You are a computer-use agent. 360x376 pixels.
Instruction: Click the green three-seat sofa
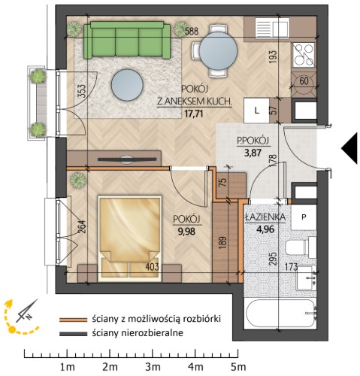point(127,40)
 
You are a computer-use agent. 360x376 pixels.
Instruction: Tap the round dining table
point(218,51)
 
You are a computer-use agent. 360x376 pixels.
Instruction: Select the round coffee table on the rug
point(127,85)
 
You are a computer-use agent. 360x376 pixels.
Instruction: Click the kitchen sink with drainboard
point(272,28)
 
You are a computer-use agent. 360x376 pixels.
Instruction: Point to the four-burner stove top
point(304,55)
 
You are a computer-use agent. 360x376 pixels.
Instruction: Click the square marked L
point(256,111)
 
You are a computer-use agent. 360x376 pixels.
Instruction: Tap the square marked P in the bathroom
point(304,217)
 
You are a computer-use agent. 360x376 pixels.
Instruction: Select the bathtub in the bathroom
point(280,314)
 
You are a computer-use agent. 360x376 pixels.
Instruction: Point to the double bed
point(130,238)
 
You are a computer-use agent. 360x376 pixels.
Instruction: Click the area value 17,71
point(194,114)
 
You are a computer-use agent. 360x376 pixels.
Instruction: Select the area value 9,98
point(186,232)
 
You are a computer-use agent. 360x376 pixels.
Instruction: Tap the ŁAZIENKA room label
point(265,217)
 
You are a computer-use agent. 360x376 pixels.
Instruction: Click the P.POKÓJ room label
point(253,141)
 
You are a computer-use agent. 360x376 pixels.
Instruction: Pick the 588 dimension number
point(192,31)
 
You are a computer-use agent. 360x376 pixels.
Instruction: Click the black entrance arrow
point(349,148)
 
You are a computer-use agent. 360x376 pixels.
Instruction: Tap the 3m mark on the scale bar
point(153,367)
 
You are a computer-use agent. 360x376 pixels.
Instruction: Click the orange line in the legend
point(74,320)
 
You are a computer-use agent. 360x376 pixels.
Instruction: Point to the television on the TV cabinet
point(127,159)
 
